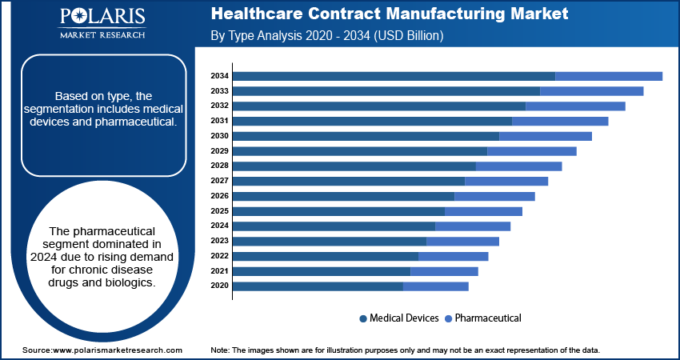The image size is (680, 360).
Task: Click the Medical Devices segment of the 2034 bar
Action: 394,76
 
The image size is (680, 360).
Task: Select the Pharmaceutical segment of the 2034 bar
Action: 609,76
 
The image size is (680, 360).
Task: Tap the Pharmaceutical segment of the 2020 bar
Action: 436,286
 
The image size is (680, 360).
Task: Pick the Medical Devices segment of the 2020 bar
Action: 318,286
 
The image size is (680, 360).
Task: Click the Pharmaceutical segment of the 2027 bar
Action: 506,181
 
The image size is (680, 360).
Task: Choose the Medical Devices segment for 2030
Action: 366,136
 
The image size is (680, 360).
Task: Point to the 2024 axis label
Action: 220,226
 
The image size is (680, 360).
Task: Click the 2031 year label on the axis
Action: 220,121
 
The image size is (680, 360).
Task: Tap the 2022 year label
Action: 220,256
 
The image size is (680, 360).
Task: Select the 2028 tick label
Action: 220,166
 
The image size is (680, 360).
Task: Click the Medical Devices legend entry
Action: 399,318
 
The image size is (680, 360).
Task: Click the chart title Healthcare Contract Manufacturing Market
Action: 390,14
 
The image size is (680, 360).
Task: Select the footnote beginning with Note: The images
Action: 405,350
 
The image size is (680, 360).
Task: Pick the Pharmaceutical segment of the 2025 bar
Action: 483,211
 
